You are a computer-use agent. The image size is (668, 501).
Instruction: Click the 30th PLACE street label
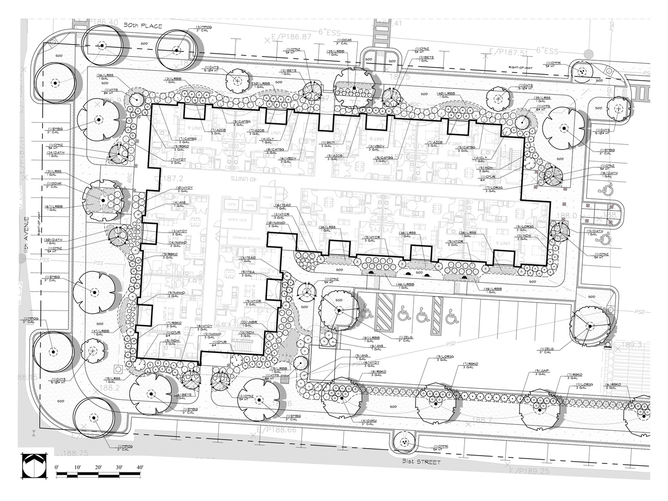click(x=143, y=26)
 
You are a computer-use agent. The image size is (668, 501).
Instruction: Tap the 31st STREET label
click(x=422, y=462)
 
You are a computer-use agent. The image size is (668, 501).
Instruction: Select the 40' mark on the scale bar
click(x=139, y=468)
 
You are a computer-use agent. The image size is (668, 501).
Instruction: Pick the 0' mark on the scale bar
click(x=57, y=468)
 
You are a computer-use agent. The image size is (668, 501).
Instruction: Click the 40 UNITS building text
click(x=244, y=178)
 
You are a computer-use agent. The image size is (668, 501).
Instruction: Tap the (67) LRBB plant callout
click(x=50, y=208)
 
